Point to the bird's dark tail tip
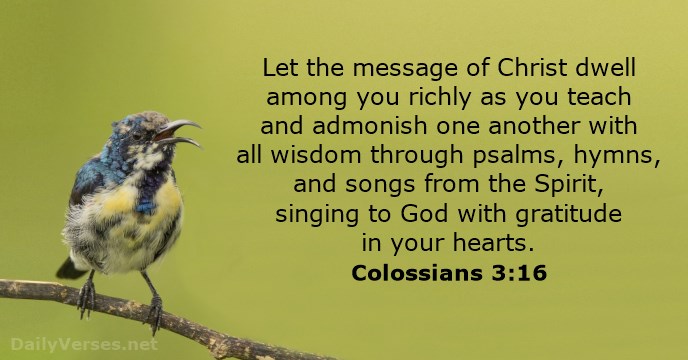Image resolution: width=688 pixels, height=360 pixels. [x=69, y=268]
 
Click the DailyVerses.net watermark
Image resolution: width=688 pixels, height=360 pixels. [x=80, y=343]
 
